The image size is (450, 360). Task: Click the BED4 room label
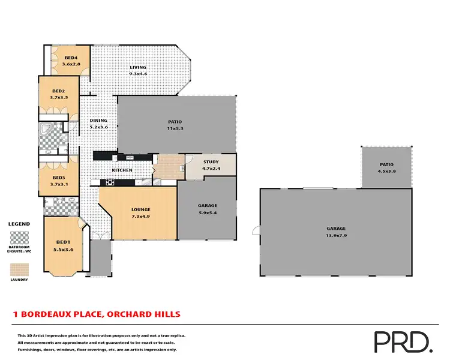pos(71,58)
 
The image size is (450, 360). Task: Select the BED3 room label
pos(58,178)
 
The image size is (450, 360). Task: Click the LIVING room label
pos(138,67)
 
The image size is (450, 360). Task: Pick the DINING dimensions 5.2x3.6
pos(98,127)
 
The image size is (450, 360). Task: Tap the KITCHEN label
pos(122,170)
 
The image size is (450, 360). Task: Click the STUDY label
pos(211,161)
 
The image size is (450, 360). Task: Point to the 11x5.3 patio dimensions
pos(175,128)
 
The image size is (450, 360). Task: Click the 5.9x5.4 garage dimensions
pos(208,212)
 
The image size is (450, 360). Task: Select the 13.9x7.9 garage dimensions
pos(336,235)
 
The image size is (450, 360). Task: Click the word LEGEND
pos(19,224)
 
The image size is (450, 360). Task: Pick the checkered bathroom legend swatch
pos(20,237)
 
